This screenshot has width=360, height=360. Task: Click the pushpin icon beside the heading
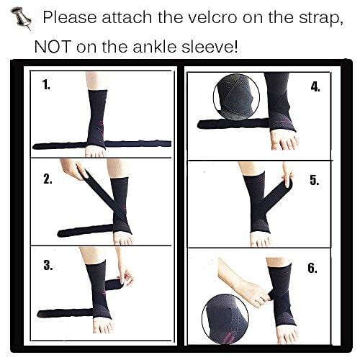coord(22,19)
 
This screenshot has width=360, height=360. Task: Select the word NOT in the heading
coord(53,46)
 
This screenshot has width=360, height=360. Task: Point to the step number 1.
coord(47,85)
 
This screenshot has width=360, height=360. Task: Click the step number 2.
coord(48,179)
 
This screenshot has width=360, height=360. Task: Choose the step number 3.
coord(48,265)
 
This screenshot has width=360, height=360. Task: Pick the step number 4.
coord(315,86)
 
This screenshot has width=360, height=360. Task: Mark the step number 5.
coord(315,180)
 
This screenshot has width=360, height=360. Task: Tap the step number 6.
coord(312,268)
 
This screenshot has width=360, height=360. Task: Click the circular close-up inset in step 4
coord(236,97)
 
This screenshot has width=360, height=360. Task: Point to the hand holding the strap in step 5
coord(287,174)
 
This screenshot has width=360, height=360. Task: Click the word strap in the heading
coord(321,19)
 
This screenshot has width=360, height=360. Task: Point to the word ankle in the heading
coord(155,46)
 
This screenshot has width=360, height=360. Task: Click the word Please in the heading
coord(70,17)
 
